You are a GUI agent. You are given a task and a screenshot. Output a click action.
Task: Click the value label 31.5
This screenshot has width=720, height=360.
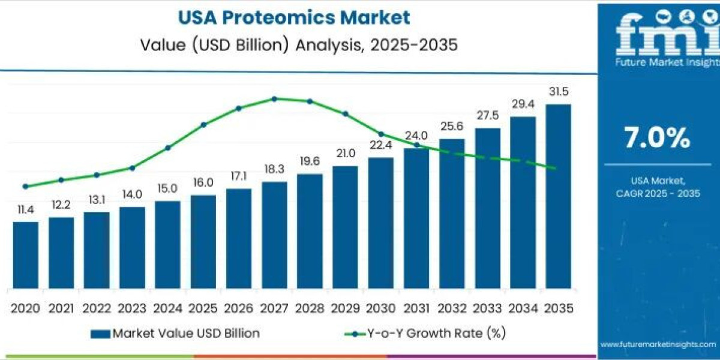tap(558, 92)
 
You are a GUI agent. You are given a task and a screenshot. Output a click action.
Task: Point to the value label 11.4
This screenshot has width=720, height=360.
tap(26, 209)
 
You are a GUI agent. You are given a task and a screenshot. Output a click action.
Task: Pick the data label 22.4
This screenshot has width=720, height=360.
tap(380, 145)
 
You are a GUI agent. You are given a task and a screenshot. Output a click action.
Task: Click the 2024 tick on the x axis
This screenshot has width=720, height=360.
tap(167, 308)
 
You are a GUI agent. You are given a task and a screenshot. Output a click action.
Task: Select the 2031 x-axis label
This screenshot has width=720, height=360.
tap(416, 308)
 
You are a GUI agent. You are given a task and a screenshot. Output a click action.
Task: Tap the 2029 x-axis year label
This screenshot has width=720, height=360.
tap(345, 308)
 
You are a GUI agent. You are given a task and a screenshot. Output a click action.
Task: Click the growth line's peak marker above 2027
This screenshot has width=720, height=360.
tap(274, 99)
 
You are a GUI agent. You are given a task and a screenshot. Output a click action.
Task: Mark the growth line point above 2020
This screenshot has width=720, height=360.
tap(26, 186)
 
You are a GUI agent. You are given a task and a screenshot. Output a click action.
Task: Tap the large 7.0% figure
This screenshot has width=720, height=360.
tap(657, 139)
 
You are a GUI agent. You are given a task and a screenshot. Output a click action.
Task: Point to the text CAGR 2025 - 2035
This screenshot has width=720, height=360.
tap(658, 193)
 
